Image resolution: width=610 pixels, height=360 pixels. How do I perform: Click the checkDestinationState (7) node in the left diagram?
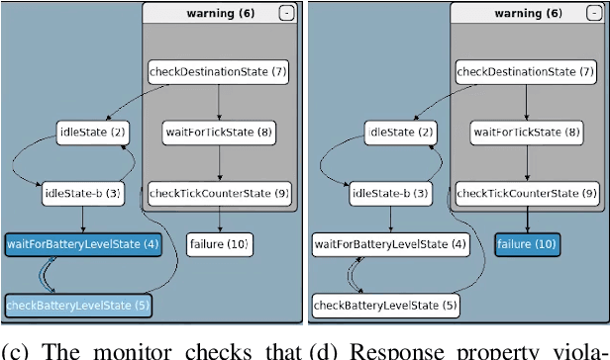pos(218,72)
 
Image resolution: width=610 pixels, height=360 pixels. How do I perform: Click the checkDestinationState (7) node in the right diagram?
pos(526,72)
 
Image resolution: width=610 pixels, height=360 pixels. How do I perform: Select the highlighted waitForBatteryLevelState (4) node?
pos(83,243)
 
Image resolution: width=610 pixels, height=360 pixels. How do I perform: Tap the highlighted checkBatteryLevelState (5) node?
pos(78,306)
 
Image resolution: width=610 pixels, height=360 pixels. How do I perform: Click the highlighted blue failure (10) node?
pos(527,243)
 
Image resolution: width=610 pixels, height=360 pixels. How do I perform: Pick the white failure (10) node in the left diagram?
pos(219,243)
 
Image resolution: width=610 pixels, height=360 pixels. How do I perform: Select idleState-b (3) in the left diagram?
pos(82,193)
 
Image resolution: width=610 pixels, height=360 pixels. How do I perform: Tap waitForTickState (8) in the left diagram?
pos(218,133)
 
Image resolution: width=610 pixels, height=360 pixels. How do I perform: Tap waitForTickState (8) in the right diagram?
pos(526,133)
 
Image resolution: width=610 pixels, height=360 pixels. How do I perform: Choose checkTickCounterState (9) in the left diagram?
pos(218,193)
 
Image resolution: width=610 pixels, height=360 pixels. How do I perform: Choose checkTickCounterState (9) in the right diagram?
pos(526,193)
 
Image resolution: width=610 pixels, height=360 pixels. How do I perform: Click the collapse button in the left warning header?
pos(286,14)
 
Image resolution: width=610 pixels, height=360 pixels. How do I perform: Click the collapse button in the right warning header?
pos(594,14)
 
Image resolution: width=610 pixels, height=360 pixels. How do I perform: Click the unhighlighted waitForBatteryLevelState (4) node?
pos(391,243)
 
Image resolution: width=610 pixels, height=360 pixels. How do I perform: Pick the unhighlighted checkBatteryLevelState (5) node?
pos(386,306)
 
